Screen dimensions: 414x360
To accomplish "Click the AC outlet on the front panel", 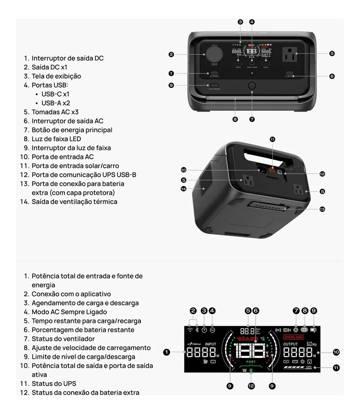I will click(x=290, y=54).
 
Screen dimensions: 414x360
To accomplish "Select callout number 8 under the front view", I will click(x=235, y=119).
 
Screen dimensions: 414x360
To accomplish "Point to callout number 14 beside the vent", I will click(x=183, y=189).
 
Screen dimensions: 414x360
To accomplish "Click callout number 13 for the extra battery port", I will click(x=322, y=209).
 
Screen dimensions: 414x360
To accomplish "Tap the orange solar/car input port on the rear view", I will click(x=273, y=170).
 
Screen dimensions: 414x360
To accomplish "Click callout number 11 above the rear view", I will click(x=273, y=139).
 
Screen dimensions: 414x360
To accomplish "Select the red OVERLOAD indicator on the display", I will click(x=293, y=337).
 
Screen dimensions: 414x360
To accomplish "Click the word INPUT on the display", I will click(x=211, y=344).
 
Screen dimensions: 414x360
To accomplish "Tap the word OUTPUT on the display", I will click(x=290, y=344).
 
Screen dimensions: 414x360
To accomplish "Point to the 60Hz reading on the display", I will click(x=312, y=344).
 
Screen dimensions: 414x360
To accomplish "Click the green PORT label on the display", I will click(x=251, y=362).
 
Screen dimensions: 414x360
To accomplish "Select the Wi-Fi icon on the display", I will click(x=190, y=330).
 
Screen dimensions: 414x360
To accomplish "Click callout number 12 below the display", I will click(x=251, y=386).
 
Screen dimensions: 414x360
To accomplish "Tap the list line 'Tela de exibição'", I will click(x=56, y=76).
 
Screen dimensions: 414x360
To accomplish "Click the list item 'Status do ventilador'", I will click(x=63, y=339).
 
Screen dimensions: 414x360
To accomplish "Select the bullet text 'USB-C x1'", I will click(x=55, y=94).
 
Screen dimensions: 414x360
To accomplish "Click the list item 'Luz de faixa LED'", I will click(x=56, y=139).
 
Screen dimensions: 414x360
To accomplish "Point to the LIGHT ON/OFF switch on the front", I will click(x=214, y=85).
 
